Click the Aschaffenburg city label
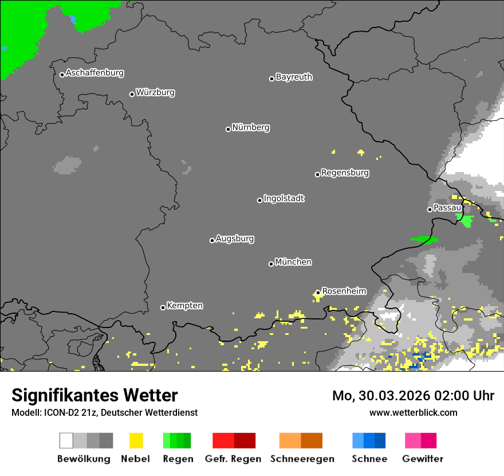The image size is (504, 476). [x=94, y=73]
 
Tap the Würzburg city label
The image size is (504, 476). [x=155, y=92]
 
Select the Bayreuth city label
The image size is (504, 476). [x=294, y=77]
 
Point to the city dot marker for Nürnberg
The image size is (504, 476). [x=228, y=129]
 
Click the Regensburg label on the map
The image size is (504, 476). [x=345, y=173]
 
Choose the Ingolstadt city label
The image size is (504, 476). [x=283, y=198]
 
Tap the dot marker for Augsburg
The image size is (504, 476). [x=212, y=240]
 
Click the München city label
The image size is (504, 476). [x=293, y=262]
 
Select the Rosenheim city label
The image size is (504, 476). [x=344, y=291]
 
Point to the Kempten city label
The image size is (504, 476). [x=184, y=306]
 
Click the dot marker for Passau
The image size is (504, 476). [x=430, y=209]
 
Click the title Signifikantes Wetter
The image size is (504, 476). [x=94, y=395]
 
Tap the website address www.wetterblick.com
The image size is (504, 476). [x=413, y=412]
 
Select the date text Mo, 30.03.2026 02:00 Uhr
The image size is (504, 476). [x=413, y=396]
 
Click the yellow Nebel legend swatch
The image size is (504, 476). [x=136, y=440]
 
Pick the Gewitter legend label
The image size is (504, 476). [x=422, y=459]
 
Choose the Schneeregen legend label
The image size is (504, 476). [x=302, y=459]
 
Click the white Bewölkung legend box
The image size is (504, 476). [x=66, y=440]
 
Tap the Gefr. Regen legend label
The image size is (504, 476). [x=233, y=459]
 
